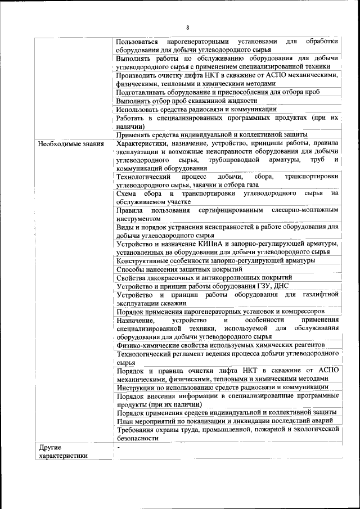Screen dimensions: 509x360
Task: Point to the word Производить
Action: pos(138,75)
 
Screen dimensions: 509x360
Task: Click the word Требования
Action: pos(137,430)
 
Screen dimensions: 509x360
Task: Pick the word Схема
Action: pos(128,193)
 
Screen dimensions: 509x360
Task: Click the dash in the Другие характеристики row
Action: pos(119,448)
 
